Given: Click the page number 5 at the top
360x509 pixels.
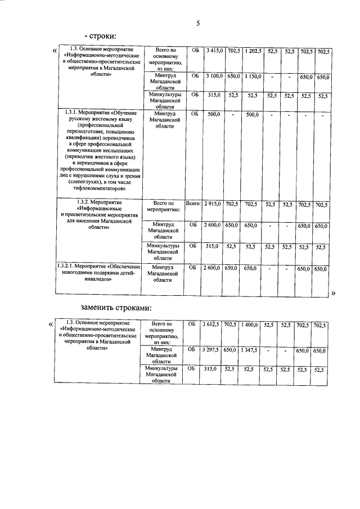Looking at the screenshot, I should click(197, 23).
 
